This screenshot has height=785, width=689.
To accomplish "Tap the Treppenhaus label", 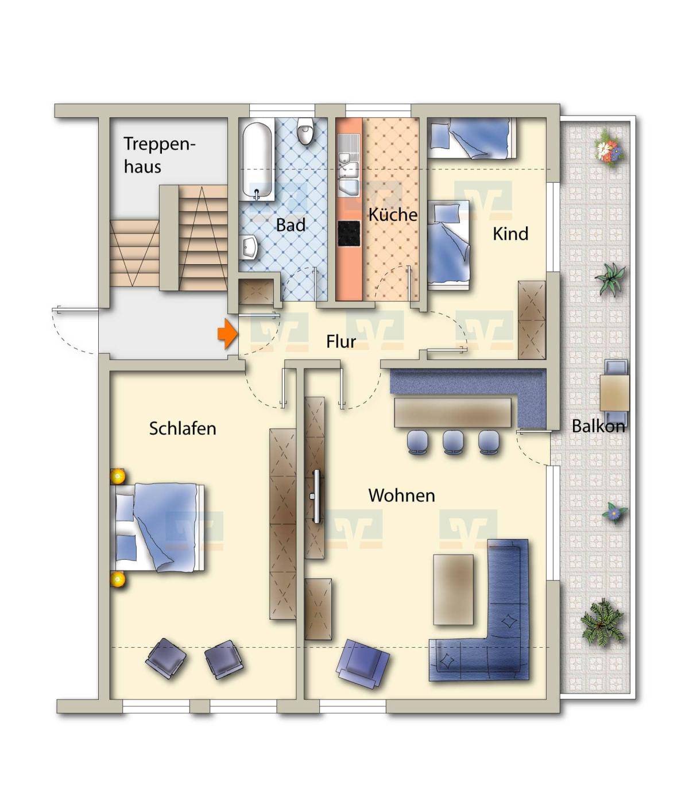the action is tap(159, 155).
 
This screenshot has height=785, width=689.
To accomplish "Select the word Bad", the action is tap(291, 225).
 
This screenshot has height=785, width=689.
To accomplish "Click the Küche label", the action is tap(393, 214).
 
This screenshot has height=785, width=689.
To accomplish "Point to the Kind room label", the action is tap(510, 234).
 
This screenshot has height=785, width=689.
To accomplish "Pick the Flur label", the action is tap(341, 341).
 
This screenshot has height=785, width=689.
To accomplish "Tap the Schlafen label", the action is tap(183, 428).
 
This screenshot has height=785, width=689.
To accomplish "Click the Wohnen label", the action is tap(401, 495).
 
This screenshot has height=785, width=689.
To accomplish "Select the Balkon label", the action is tap(598, 426).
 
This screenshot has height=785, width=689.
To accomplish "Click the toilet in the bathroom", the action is tap(306, 130).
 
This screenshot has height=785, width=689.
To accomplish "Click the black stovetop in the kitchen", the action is tap(349, 233).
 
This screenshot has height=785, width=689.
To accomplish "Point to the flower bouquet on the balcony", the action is tap(610, 149).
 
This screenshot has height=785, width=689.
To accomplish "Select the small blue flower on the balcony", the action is tap(614, 513).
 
